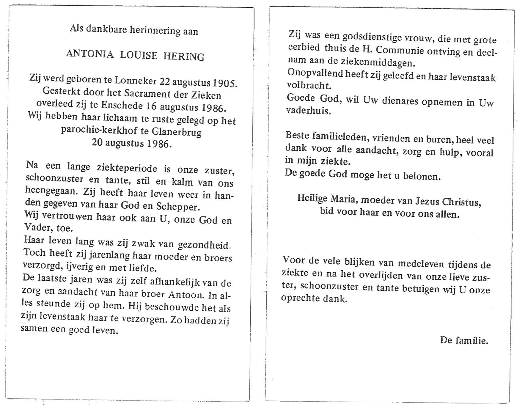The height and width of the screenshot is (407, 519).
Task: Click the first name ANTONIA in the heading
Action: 90,54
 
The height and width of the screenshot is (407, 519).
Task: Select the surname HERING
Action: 184,56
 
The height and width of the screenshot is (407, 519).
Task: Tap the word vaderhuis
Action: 308,111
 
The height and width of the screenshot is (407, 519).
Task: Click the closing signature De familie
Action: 464,340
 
